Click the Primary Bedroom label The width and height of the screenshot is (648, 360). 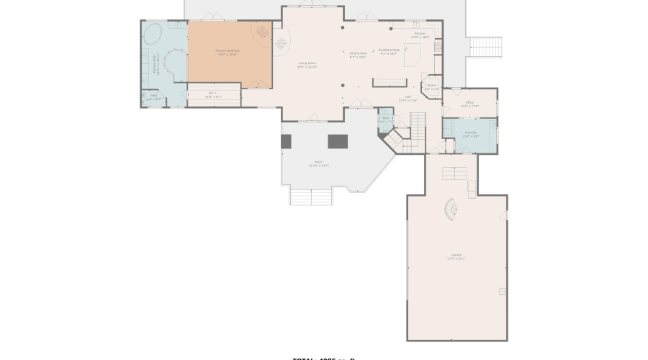[228, 51]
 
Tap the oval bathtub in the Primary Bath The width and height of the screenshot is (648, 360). [152, 32]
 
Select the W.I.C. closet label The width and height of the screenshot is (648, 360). [213, 94]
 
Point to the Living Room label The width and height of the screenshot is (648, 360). [307, 64]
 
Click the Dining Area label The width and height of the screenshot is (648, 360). [358, 54]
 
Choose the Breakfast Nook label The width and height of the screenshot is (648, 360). [388, 51]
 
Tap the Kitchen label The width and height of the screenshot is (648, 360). [419, 35]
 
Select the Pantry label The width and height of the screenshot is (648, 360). [431, 87]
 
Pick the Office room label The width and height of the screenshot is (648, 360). [469, 104]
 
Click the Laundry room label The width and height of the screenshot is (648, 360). [470, 134]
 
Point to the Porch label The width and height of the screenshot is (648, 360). [318, 164]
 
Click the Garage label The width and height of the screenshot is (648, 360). [456, 257]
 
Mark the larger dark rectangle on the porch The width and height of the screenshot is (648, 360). [338, 141]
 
